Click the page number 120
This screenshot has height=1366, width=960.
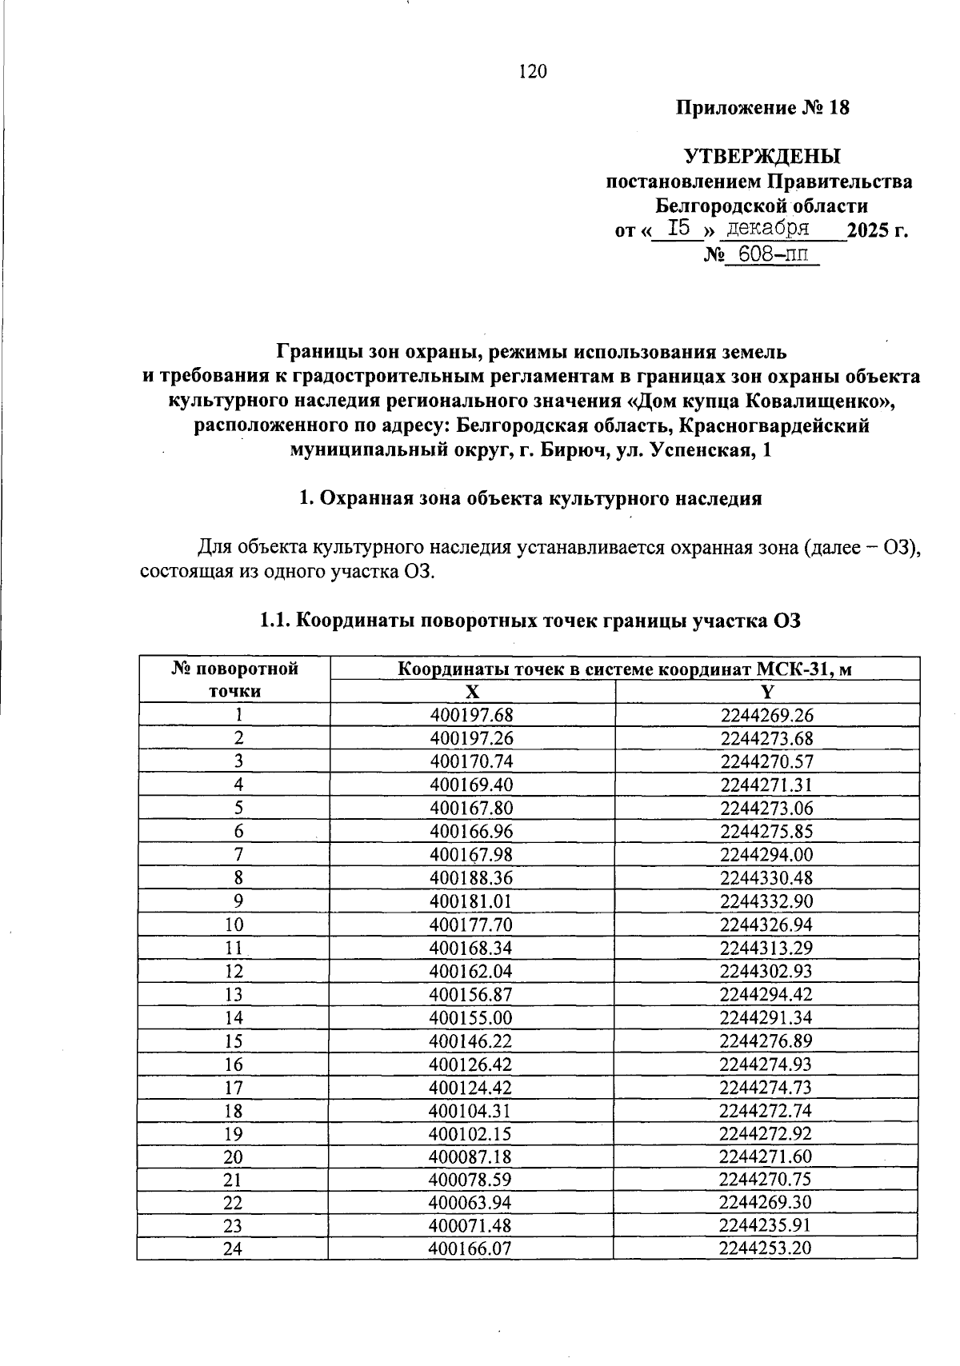[x=533, y=72]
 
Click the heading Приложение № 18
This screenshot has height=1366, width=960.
[x=762, y=108]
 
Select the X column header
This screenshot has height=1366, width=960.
[x=473, y=692]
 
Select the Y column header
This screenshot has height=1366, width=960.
[x=767, y=692]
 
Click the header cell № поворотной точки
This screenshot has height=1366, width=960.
[x=234, y=680]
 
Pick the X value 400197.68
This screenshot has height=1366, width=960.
[x=471, y=715]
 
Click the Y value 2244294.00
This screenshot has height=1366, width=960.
[x=766, y=854]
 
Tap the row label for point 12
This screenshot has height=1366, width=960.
[x=234, y=971]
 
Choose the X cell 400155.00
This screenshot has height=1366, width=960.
[x=471, y=1017]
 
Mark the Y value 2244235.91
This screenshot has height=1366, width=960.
[x=766, y=1225]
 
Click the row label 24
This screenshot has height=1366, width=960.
[x=234, y=1248]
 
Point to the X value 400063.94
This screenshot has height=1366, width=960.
[x=471, y=1202]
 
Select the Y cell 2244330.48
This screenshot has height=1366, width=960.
[x=766, y=877]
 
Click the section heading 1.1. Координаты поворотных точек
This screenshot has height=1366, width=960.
[x=530, y=621]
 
